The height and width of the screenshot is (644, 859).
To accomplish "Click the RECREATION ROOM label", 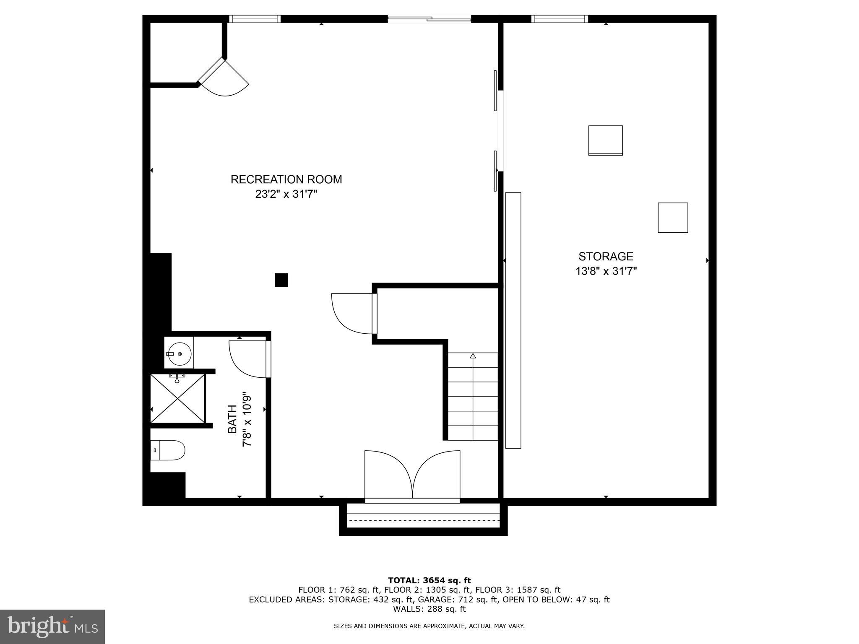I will click(x=286, y=179).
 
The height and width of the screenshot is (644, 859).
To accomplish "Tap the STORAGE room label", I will click(x=606, y=256).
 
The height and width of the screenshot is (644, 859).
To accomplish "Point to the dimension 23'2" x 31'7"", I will click(x=286, y=195).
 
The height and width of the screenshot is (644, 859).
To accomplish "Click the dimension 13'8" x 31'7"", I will click(x=606, y=271).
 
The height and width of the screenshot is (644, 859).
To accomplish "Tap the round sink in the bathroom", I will click(x=180, y=354).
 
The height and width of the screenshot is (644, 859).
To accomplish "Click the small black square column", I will click(x=281, y=280).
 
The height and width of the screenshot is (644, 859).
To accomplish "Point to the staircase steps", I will click(x=473, y=397).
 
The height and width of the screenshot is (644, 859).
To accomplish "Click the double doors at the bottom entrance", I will click(x=412, y=475).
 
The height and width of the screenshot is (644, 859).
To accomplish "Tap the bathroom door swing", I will click(x=247, y=359).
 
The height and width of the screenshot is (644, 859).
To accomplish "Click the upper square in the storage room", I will click(x=605, y=140).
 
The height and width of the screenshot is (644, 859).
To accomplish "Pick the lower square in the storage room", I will click(x=673, y=218).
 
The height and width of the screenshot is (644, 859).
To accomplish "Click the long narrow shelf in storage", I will click(x=513, y=320).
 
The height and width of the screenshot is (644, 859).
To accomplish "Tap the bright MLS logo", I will click(x=52, y=626).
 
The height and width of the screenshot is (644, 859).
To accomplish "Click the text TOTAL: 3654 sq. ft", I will click(x=429, y=580).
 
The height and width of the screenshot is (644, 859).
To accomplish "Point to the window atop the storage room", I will click(x=560, y=18).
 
